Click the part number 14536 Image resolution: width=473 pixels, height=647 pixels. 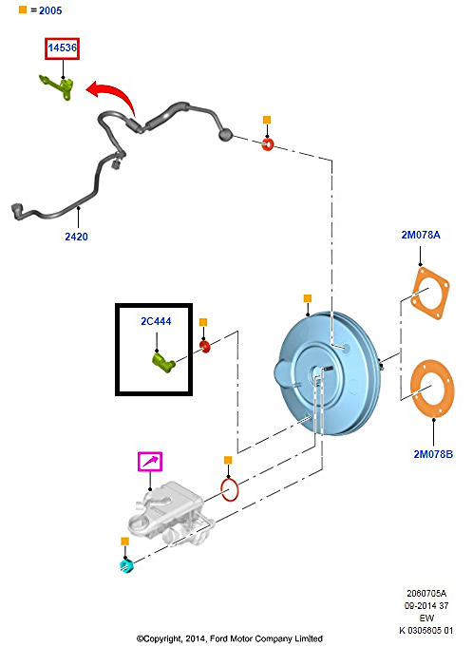click(63, 48)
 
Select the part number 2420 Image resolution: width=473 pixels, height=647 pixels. click(76, 237)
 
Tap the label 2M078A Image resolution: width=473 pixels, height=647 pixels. click(421, 235)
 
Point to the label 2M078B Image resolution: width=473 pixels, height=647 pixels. click(433, 454)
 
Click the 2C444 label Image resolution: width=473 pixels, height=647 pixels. click(156, 321)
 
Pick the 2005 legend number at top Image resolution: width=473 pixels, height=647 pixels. click(50, 10)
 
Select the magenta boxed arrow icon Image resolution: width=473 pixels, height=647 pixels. click(150, 462)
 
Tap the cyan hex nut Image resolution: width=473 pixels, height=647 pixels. click(126, 565)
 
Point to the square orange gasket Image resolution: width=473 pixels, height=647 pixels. click(429, 293)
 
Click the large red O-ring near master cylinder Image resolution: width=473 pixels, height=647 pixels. click(230, 490)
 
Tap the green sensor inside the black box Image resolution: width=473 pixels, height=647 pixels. click(164, 363)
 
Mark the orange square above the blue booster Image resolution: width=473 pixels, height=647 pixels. click(307, 298)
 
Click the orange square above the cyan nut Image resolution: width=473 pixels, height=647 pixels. click(125, 541)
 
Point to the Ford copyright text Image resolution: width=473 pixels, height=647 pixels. click(230, 638)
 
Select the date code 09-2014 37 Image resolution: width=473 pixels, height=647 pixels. click(426, 606)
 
